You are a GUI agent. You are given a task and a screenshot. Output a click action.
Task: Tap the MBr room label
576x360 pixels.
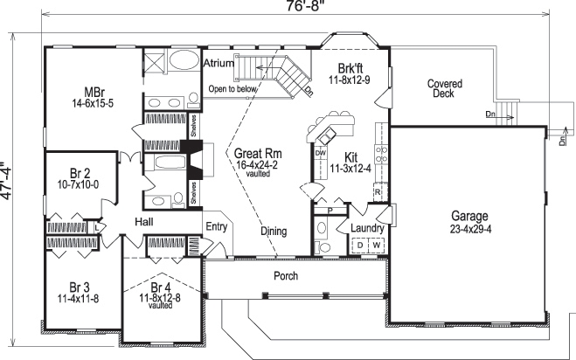[x=95, y=92]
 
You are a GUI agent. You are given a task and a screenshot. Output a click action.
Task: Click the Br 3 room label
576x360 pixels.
[x=80, y=287]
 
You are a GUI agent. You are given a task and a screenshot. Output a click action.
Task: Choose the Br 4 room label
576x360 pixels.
[x=161, y=287]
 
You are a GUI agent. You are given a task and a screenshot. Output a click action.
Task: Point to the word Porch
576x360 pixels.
[x=286, y=276]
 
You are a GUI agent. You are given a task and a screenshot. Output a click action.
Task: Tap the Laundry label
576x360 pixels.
[x=366, y=229]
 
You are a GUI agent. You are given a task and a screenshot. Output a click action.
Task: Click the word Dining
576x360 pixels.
[x=274, y=232]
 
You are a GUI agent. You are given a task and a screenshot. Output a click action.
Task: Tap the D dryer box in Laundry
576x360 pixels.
[x=358, y=246]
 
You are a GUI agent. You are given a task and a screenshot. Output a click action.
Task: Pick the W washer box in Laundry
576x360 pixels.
[x=377, y=246]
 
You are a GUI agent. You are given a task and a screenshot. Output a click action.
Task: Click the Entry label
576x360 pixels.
[x=216, y=226]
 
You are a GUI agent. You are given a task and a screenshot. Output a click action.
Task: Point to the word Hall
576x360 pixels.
[x=144, y=224]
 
